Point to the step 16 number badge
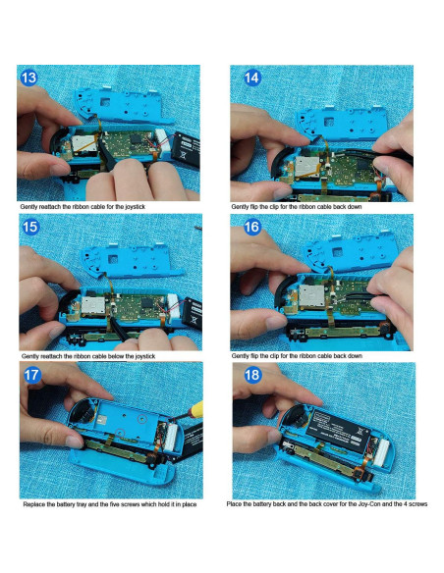click(x=250, y=226)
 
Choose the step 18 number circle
click(x=250, y=374)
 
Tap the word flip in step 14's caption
click(x=263, y=208)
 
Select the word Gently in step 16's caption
click(x=242, y=355)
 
